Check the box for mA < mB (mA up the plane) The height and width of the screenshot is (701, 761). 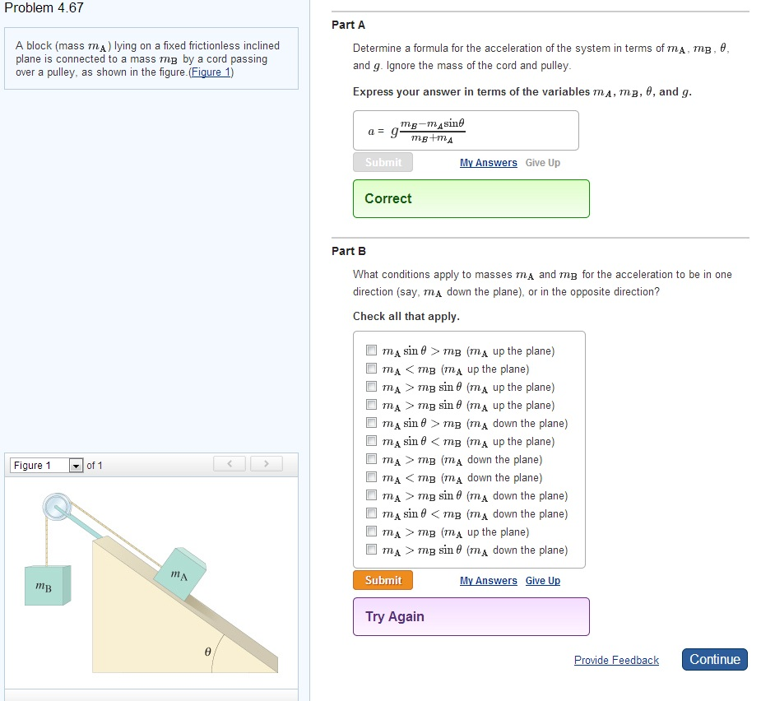[x=371, y=369]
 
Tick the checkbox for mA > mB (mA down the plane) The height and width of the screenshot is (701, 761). [x=371, y=459]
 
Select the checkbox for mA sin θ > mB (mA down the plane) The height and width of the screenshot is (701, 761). [x=371, y=423]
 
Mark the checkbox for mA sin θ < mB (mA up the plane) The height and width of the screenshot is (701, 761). [x=371, y=441]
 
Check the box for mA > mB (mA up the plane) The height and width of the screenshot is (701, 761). [x=371, y=531]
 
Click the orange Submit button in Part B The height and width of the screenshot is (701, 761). [x=383, y=580]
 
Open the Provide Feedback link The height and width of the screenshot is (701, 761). [x=616, y=660]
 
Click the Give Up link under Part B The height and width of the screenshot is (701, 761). [x=543, y=581]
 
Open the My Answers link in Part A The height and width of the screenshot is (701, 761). [x=488, y=163]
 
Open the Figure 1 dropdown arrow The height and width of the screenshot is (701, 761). [x=76, y=466]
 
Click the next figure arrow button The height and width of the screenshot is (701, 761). [x=266, y=463]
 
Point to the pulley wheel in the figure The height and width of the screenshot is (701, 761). [x=58, y=507]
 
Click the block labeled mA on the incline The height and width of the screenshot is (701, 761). [x=180, y=574]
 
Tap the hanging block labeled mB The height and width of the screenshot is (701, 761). [x=48, y=586]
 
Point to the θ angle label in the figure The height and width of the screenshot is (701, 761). [x=207, y=652]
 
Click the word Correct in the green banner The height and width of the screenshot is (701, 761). [x=387, y=198]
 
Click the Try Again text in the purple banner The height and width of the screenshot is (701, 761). [x=395, y=616]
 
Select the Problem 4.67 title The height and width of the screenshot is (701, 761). [x=44, y=7]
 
